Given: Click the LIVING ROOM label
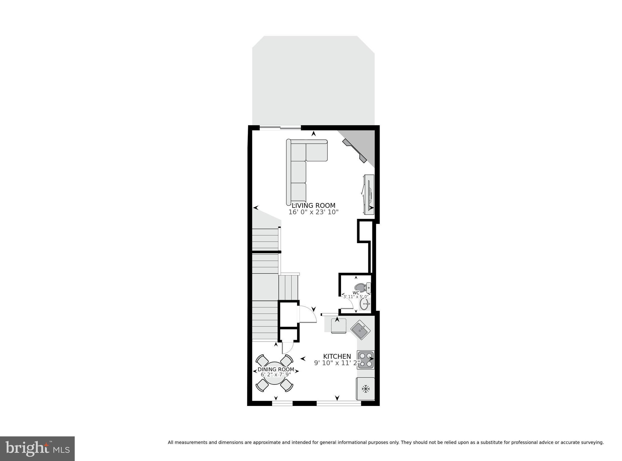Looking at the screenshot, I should click(313, 205).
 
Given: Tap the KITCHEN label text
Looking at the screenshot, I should click(337, 356).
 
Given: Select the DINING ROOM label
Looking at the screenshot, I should click(276, 369).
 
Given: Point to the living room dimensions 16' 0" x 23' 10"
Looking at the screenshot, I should click(313, 212).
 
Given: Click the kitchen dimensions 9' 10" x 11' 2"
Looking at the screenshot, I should click(337, 363).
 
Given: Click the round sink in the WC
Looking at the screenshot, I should click(364, 303).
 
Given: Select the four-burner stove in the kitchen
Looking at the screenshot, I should click(366, 360).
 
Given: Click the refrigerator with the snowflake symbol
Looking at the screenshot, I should click(366, 389).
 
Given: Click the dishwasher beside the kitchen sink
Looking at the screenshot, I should click(339, 326).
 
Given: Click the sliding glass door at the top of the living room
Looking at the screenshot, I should click(280, 128).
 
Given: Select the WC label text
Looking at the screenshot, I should click(356, 293).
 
